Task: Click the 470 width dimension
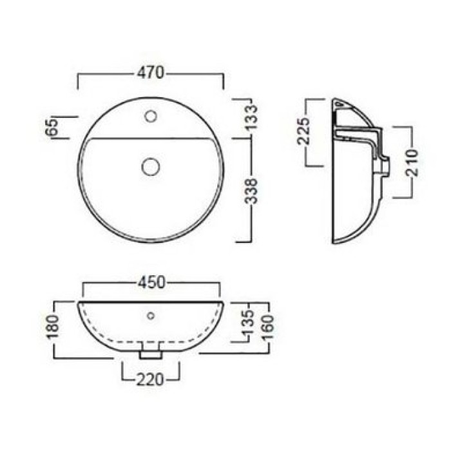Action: tap(150, 73)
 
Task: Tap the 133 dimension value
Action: tap(250, 117)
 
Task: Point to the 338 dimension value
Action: tap(250, 191)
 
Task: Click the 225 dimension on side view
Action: tap(303, 131)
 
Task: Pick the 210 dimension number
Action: tap(412, 162)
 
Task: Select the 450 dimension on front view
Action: tap(151, 282)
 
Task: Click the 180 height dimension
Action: tap(53, 327)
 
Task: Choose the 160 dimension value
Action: tap(267, 327)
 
